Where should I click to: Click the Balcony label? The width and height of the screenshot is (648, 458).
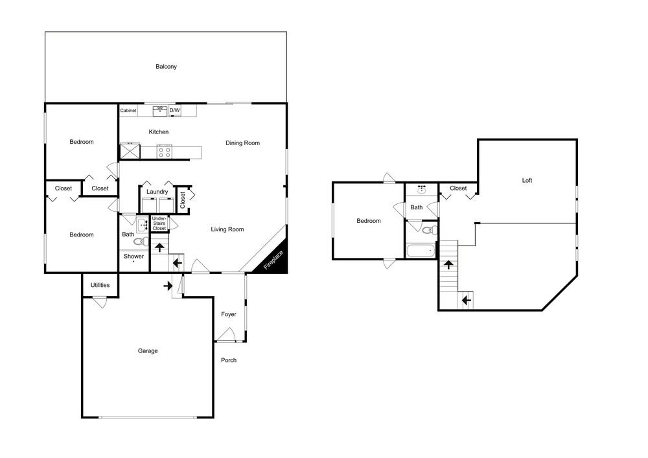[x=166, y=67]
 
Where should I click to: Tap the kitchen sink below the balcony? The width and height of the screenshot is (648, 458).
[x=160, y=111]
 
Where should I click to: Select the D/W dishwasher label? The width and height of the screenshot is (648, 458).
[x=175, y=110]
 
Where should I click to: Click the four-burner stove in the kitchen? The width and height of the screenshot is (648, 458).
[x=164, y=152]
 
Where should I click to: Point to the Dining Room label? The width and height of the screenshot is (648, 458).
[x=242, y=143]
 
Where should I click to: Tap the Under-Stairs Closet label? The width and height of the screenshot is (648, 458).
[x=159, y=223]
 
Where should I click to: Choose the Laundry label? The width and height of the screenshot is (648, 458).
[x=157, y=192]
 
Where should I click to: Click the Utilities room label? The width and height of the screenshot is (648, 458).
[x=100, y=285]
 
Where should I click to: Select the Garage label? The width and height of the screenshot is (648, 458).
[x=148, y=350]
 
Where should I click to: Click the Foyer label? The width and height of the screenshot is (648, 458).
[x=229, y=314]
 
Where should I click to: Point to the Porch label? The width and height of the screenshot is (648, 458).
[x=229, y=360]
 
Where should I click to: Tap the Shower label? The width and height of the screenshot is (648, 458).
[x=133, y=256]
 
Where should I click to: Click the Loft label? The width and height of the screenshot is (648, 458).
[x=527, y=181]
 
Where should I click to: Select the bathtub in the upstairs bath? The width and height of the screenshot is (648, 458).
[x=421, y=251]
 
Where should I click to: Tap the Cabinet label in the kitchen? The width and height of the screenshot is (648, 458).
[x=128, y=110]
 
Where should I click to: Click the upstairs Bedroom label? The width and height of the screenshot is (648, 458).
[x=369, y=221]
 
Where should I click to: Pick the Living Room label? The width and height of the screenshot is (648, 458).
[x=227, y=229]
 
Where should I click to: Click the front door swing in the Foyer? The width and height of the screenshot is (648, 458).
[x=226, y=334]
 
